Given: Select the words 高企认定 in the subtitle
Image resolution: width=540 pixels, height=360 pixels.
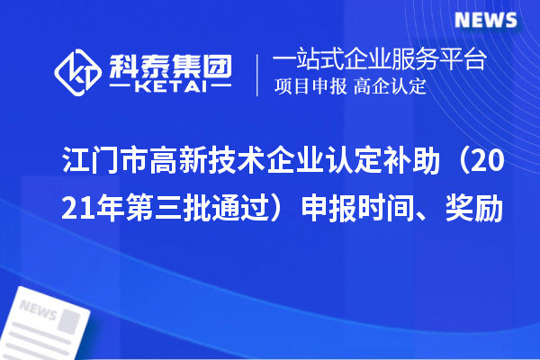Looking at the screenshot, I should [391, 87].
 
